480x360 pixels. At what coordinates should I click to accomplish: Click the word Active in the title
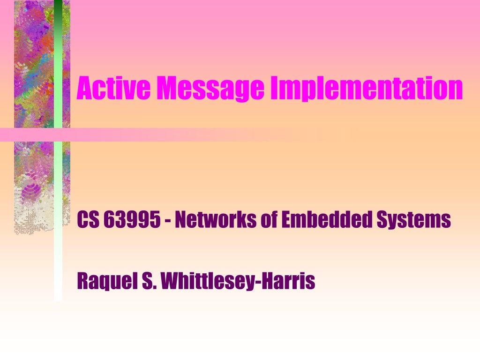(113, 88)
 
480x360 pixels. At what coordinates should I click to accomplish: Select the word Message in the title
(210, 89)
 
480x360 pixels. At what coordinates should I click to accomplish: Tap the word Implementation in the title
(367, 89)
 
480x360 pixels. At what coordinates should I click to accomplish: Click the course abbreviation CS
(88, 219)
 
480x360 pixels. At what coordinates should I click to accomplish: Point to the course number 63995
(132, 219)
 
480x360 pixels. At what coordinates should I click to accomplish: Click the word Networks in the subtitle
(216, 219)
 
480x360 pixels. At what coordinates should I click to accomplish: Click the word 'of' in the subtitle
(269, 219)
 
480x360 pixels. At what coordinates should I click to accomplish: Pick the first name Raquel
(107, 281)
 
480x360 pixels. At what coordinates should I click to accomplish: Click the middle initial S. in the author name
(150, 281)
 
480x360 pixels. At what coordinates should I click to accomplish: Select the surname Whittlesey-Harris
(238, 281)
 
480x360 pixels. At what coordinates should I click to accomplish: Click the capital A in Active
(85, 88)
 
